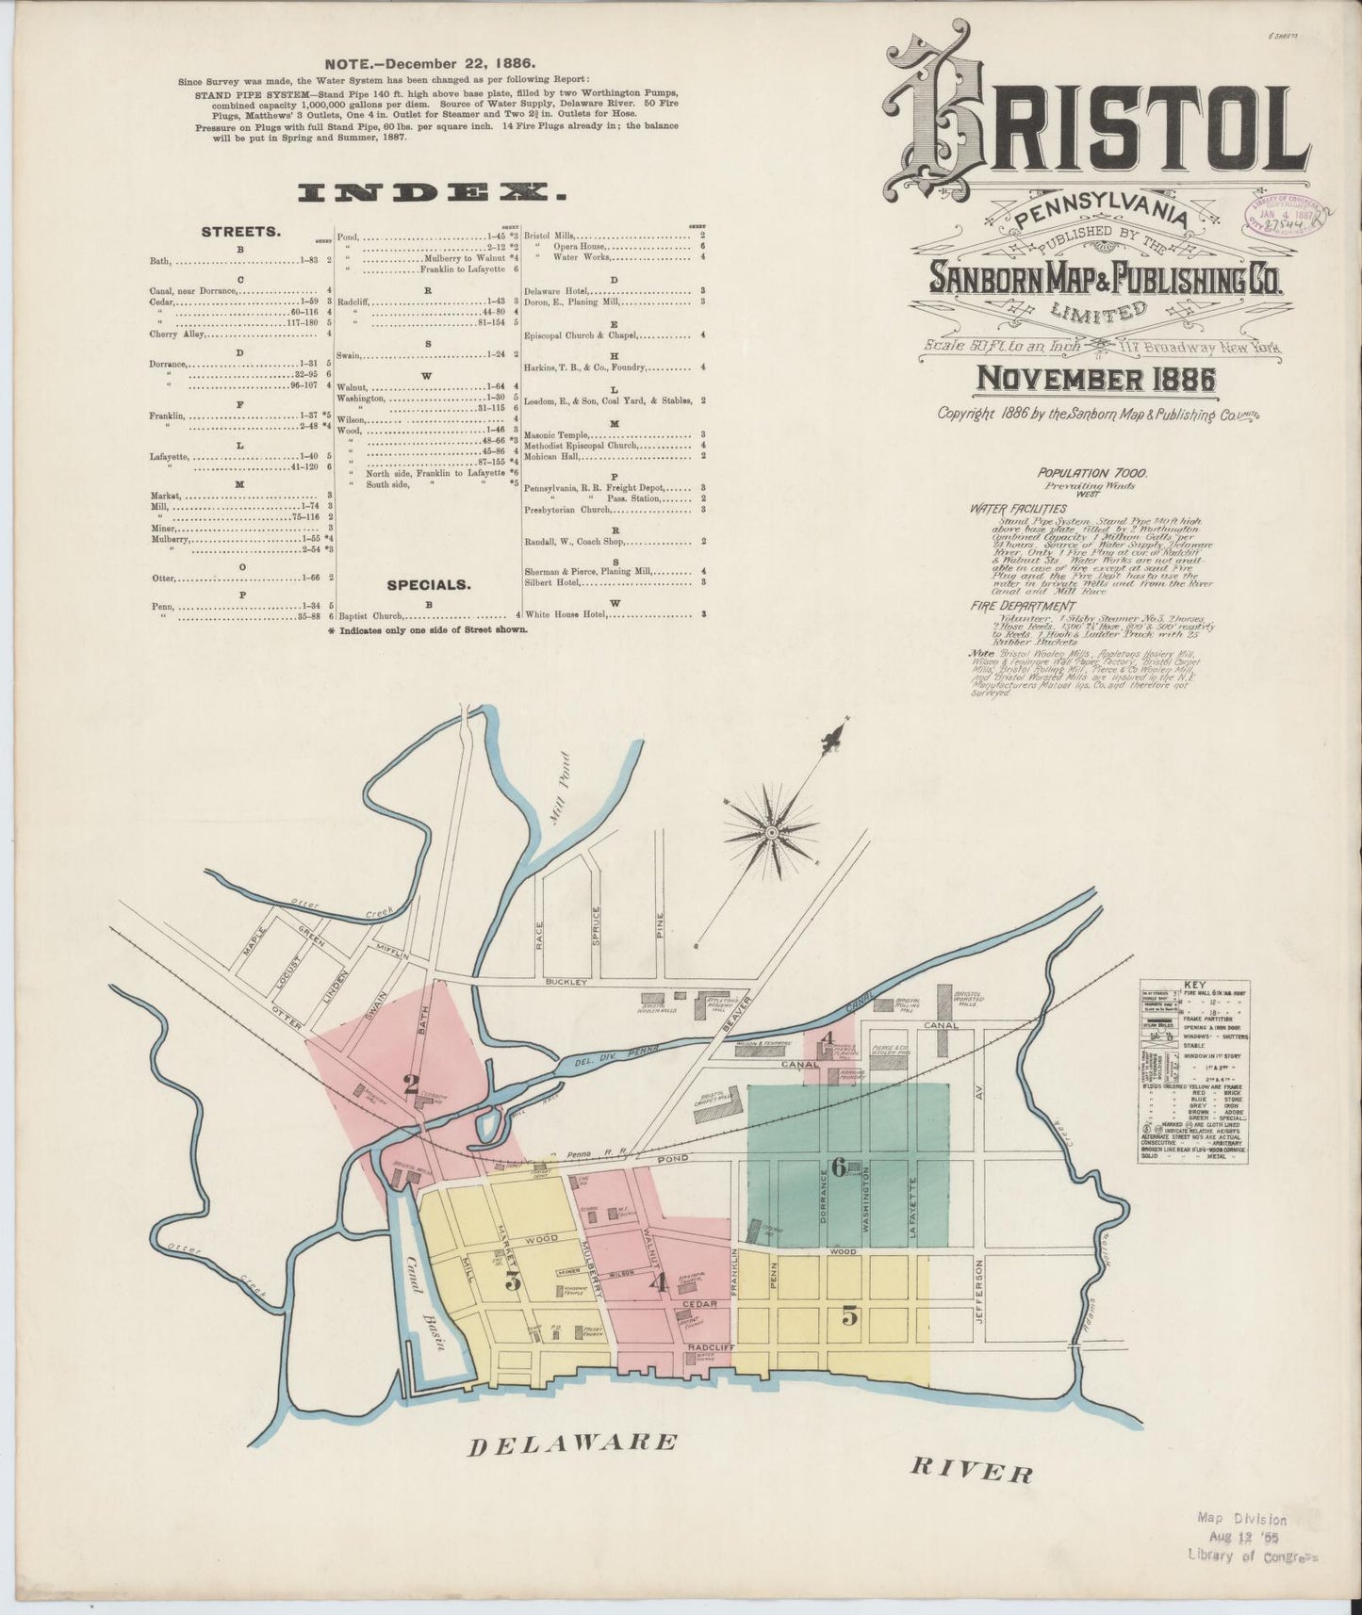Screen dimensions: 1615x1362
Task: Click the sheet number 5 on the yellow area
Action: (x=850, y=1317)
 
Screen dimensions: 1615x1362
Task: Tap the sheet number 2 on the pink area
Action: (x=411, y=1084)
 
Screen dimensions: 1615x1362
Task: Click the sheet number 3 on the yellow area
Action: (x=514, y=1281)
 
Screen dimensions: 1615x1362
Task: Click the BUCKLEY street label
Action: (x=566, y=982)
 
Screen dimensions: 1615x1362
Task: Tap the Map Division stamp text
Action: (x=1241, y=1519)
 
